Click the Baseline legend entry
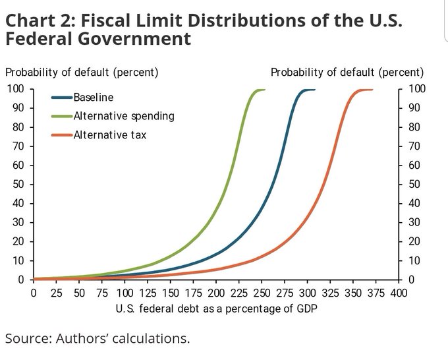tap(93, 98)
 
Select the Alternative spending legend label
tap(124, 116)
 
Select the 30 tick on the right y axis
tap(414, 222)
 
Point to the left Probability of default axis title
tap(82, 72)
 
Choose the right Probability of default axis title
tap(347, 72)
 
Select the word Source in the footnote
tap(26, 339)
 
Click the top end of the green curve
tap(264, 90)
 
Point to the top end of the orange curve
tap(372, 90)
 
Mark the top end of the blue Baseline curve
tap(314, 90)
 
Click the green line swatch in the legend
tap(62, 116)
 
